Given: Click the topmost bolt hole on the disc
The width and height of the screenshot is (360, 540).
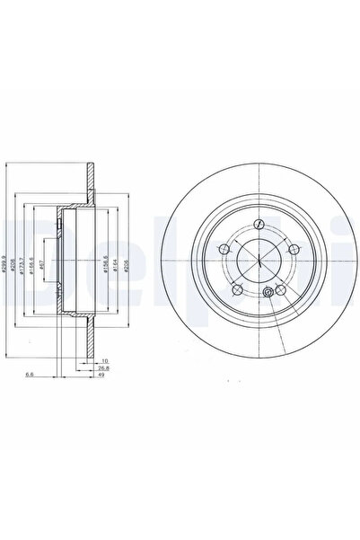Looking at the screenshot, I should (258, 225).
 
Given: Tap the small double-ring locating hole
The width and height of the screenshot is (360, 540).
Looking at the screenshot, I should (268, 294).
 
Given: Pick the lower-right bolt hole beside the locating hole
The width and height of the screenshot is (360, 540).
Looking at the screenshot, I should (280, 288).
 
